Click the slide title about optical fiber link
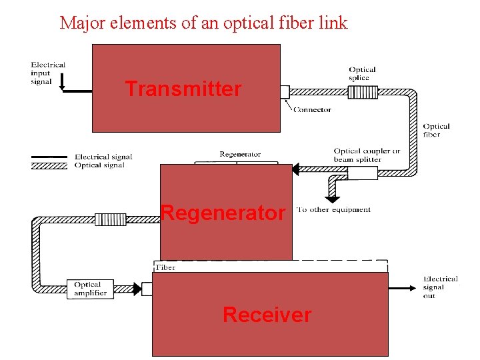point(203,23)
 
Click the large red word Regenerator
point(223,213)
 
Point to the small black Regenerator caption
point(240,155)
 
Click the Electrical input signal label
point(48,73)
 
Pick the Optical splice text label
point(362,73)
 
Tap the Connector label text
point(312,110)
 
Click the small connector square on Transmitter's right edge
point(285,92)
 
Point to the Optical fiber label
point(436,130)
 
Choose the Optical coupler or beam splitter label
point(367,155)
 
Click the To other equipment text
point(333,209)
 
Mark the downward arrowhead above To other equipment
point(331,198)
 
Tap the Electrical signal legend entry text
point(103,157)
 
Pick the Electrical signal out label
point(440,287)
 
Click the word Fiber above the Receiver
point(165,267)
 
